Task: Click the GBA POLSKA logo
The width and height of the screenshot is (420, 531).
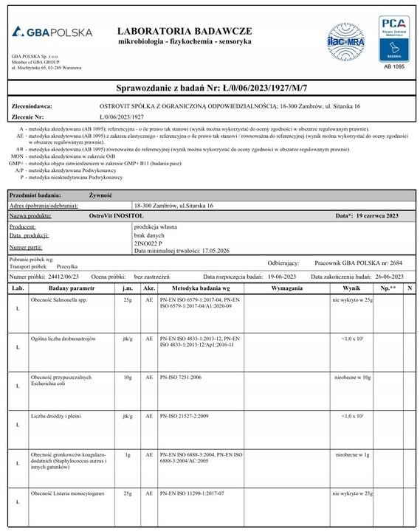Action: coord(52,32)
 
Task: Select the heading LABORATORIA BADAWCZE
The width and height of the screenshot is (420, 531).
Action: coord(185,31)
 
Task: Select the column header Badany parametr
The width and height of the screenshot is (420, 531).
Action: coord(72,288)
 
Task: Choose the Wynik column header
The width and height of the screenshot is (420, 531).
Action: coord(351,288)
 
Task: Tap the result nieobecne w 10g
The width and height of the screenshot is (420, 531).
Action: coord(351,377)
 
